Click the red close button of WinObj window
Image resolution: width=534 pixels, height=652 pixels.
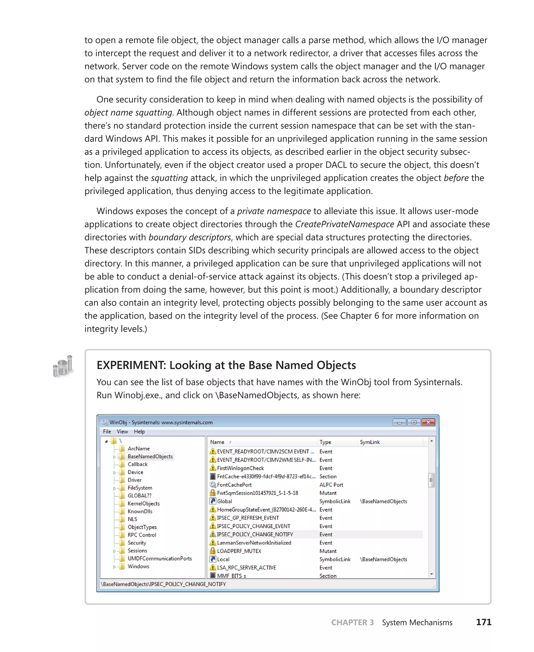(428, 422)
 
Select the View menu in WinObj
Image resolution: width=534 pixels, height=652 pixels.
(122, 431)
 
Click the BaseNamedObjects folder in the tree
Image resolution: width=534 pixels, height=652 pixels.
(150, 456)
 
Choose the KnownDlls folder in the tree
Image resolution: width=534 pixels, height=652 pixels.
(140, 511)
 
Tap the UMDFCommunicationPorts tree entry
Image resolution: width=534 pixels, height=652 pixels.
(160, 558)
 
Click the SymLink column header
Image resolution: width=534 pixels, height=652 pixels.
(370, 442)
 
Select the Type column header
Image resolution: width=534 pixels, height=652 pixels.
(325, 442)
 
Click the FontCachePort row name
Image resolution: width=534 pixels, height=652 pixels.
(234, 485)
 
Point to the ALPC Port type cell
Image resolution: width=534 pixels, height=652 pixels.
(331, 485)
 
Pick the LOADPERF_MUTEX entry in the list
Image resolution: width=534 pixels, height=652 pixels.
(239, 551)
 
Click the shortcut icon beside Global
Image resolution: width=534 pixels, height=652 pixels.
(213, 501)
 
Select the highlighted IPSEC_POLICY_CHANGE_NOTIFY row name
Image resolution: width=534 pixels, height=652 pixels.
(255, 534)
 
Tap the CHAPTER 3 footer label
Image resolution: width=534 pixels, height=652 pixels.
(352, 623)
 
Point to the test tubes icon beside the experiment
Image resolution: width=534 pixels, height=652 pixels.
(63, 366)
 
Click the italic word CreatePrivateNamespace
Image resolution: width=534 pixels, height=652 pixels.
(344, 224)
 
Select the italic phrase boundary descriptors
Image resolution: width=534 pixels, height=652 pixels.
(190, 237)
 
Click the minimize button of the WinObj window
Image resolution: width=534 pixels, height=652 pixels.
(399, 422)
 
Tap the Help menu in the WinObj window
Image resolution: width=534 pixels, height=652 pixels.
(139, 431)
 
